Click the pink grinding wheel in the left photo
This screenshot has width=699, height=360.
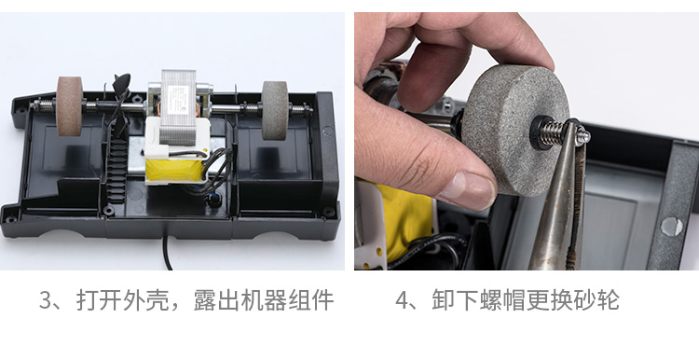(x=69, y=106)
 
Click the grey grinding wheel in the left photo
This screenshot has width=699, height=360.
(x=275, y=111)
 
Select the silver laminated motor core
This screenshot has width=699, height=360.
(x=178, y=106)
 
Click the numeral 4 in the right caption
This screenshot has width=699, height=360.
(x=402, y=300)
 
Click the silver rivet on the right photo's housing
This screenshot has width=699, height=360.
(x=671, y=227)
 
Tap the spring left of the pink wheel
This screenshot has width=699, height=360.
(x=45, y=106)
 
